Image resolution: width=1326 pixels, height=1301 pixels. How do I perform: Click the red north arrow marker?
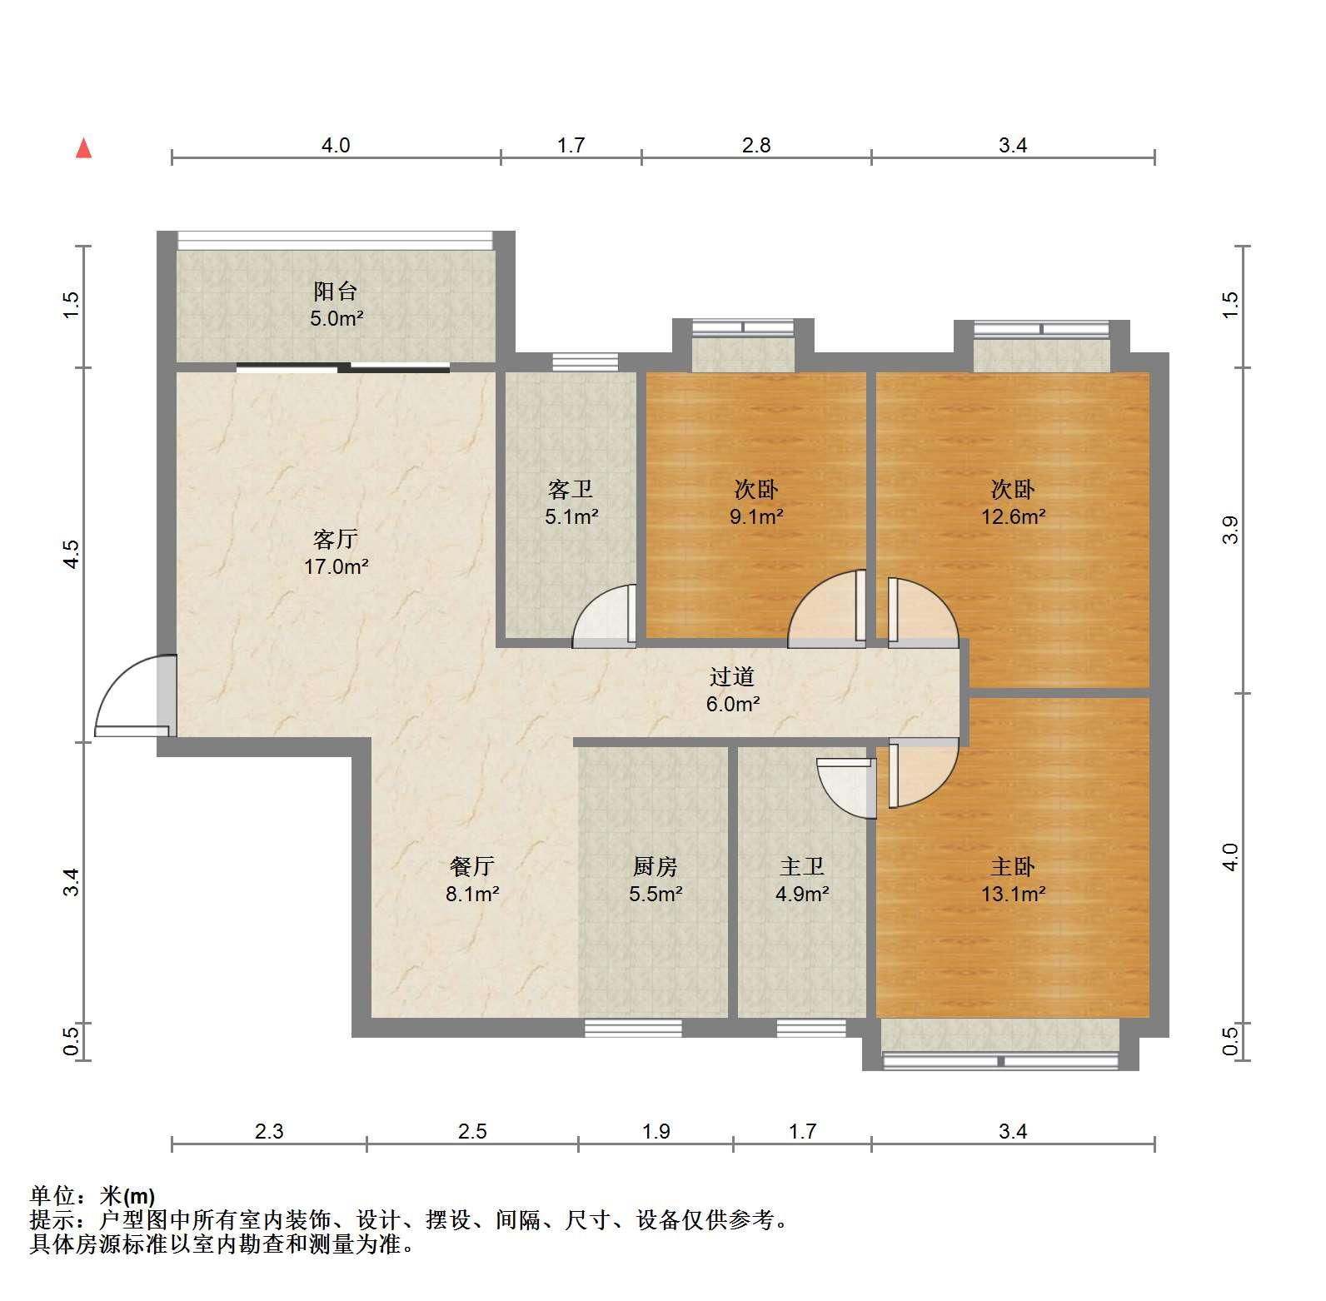[x=83, y=148]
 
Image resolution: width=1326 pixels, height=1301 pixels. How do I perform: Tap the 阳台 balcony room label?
[x=336, y=292]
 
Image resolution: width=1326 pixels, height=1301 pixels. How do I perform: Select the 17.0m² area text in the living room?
[x=336, y=567]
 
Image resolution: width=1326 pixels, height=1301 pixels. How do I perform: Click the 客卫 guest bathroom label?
[x=571, y=489]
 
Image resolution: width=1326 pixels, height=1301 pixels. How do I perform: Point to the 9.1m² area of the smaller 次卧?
[x=756, y=516]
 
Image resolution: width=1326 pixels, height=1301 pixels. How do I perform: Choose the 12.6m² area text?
[x=1013, y=516]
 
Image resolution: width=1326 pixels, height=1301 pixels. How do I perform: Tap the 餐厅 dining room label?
[x=471, y=867]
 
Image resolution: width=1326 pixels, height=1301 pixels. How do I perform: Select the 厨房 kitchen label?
[x=656, y=867]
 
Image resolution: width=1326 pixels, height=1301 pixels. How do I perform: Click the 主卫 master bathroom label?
[x=802, y=867]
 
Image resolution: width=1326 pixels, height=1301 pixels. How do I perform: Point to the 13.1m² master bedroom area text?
[x=1013, y=895]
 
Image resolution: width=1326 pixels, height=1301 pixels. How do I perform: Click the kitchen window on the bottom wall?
[x=633, y=1029]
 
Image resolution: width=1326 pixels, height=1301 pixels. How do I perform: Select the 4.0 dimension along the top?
[x=336, y=146]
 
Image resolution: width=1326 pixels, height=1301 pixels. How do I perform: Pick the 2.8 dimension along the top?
[x=756, y=146]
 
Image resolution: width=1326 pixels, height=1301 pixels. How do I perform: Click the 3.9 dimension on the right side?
[x=1230, y=531]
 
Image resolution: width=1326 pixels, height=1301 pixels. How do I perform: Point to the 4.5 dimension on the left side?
[x=72, y=554]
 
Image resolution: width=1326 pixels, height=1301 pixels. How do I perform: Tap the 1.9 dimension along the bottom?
[x=656, y=1131]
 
